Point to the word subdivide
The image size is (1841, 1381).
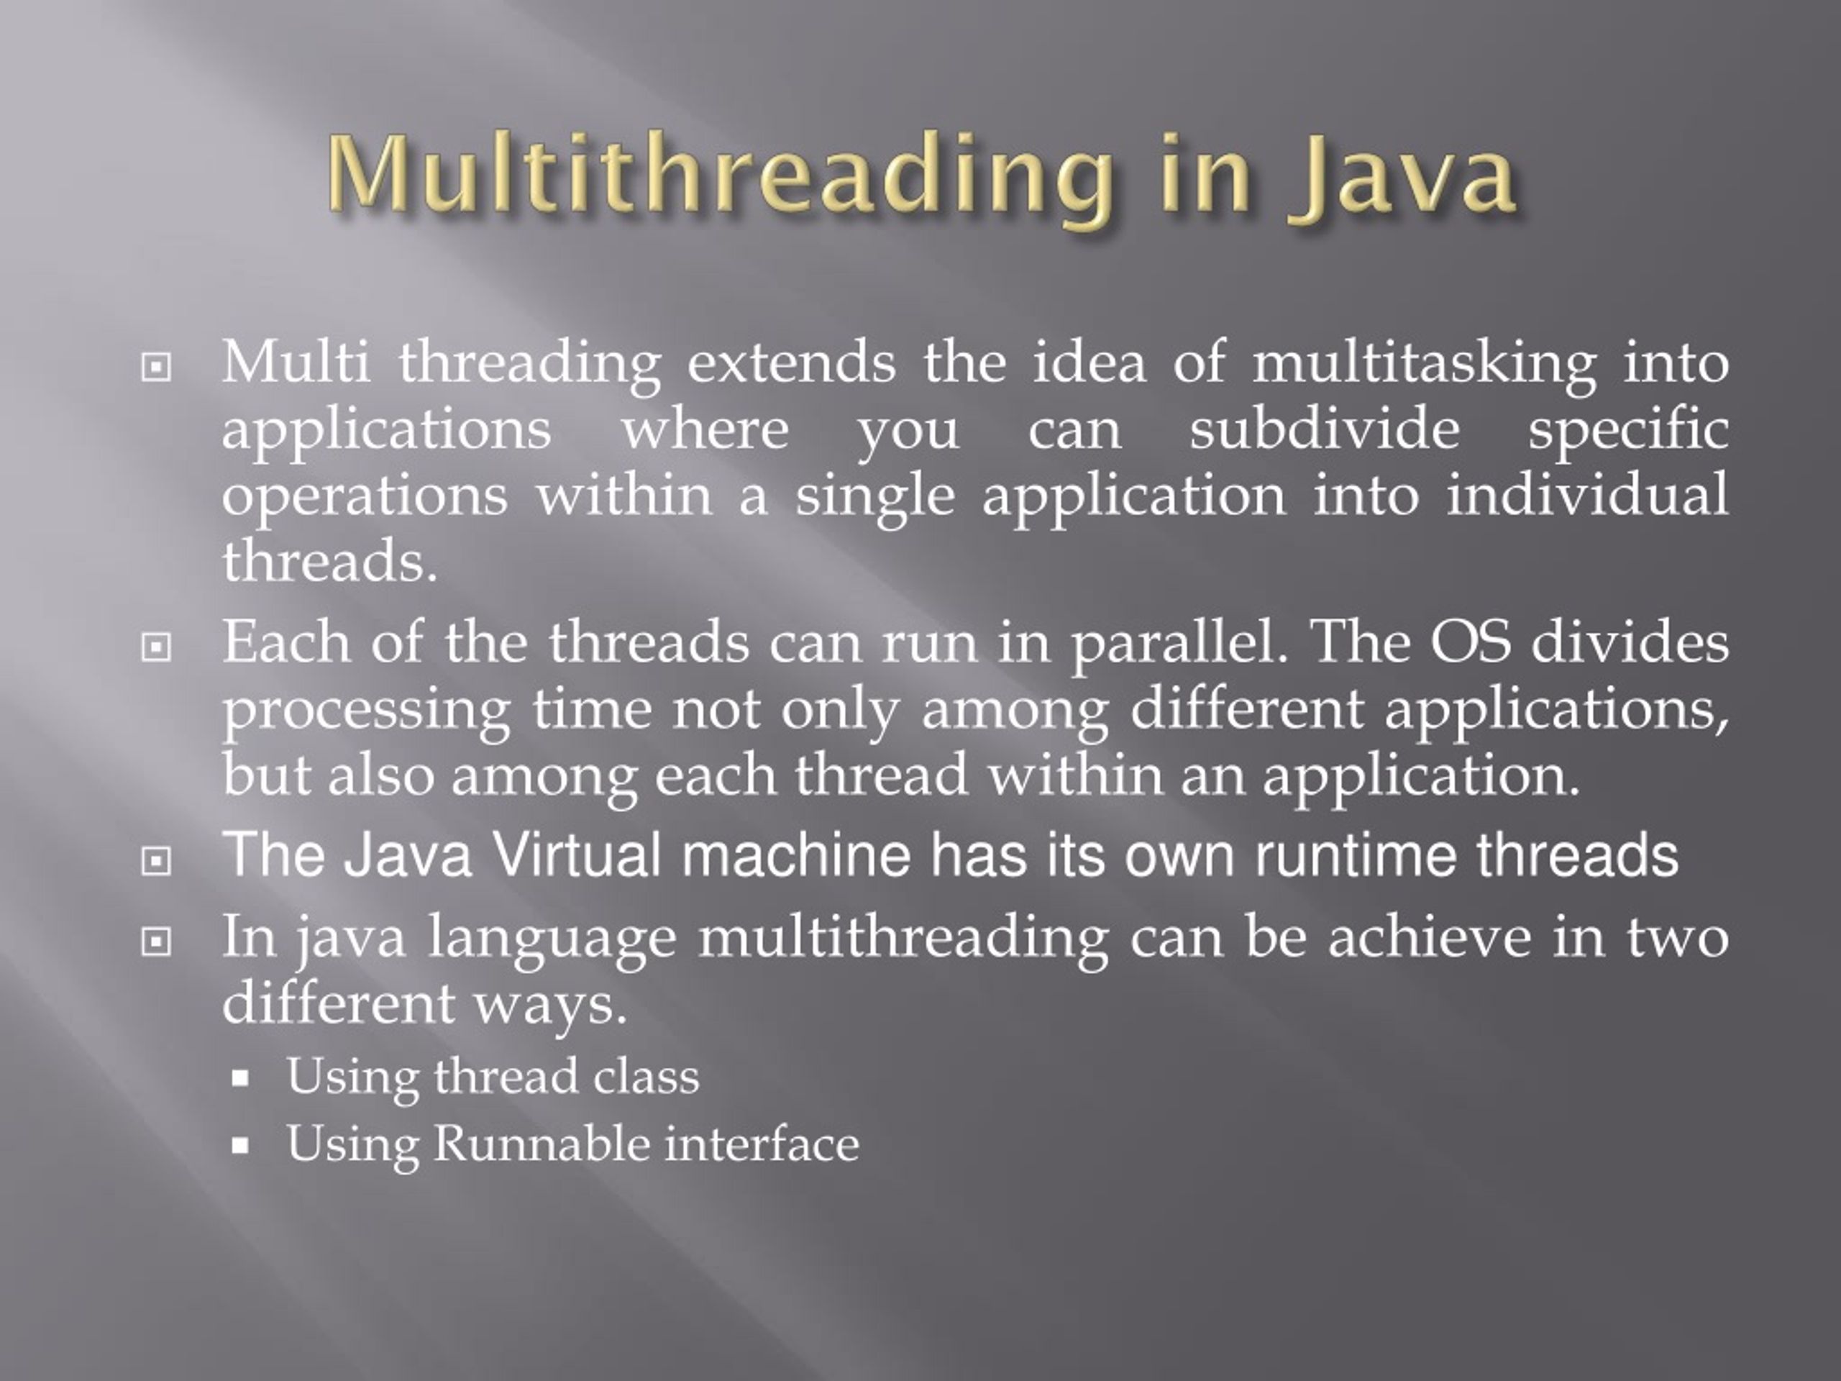pyautogui.click(x=1323, y=430)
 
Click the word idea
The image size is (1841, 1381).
pyautogui.click(x=1088, y=363)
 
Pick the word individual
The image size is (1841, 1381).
pyautogui.click(x=1586, y=496)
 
